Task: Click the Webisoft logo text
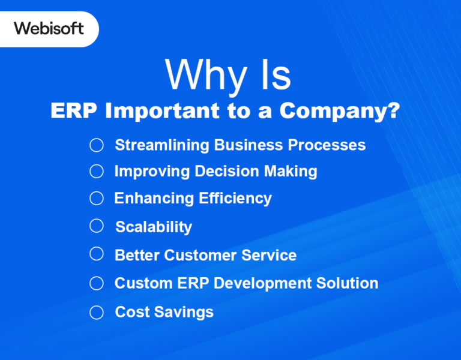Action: (49, 28)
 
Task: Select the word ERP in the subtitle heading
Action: (74, 111)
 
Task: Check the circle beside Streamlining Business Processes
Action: (97, 145)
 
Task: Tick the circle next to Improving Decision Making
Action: (97, 172)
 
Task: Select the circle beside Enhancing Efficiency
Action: (97, 198)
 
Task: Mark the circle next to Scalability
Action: (97, 226)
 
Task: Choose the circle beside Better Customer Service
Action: (97, 254)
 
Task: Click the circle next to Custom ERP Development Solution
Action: (97, 283)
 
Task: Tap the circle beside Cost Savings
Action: (97, 312)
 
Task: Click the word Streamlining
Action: (162, 145)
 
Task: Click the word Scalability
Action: (154, 227)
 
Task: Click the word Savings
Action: (185, 312)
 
